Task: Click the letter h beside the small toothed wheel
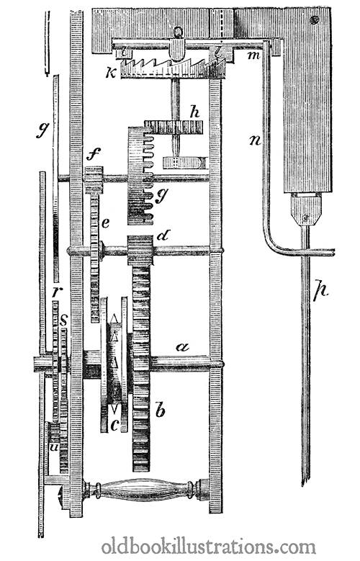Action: pyautogui.click(x=194, y=112)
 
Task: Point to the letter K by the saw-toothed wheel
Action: pyautogui.click(x=111, y=73)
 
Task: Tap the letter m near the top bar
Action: pyautogui.click(x=254, y=56)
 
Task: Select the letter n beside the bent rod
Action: pyautogui.click(x=255, y=140)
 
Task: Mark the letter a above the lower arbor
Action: pyautogui.click(x=183, y=346)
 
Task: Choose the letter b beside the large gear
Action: pyautogui.click(x=161, y=409)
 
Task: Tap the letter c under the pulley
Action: pyautogui.click(x=114, y=425)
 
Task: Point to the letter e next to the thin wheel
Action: pyautogui.click(x=105, y=223)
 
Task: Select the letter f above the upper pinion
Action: pyautogui.click(x=94, y=156)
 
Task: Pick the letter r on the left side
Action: pyautogui.click(x=55, y=292)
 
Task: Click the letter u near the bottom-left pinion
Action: pyautogui.click(x=54, y=447)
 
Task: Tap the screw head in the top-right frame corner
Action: pyautogui.click(x=315, y=19)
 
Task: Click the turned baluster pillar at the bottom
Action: pyautogui.click(x=145, y=488)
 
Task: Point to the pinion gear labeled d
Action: pyautogui.click(x=140, y=250)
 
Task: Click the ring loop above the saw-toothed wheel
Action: pyautogui.click(x=178, y=32)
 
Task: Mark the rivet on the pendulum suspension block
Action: pyautogui.click(x=305, y=217)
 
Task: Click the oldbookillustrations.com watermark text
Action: pyautogui.click(x=209, y=547)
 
